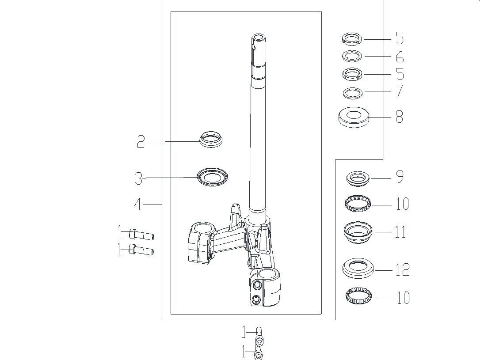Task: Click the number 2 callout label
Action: pyautogui.click(x=141, y=142)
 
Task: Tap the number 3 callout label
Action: pyautogui.click(x=139, y=178)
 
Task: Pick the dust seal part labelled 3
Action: pyautogui.click(x=212, y=177)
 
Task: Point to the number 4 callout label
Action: pyautogui.click(x=138, y=205)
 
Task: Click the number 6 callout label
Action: pyautogui.click(x=400, y=57)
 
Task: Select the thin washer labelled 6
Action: pyautogui.click(x=352, y=56)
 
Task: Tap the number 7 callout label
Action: pyautogui.click(x=400, y=91)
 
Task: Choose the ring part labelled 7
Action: pyautogui.click(x=353, y=93)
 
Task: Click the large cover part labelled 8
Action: pyautogui.click(x=354, y=117)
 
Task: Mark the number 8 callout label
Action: pyautogui.click(x=400, y=117)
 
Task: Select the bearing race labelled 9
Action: pyautogui.click(x=358, y=178)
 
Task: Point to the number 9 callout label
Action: pyautogui.click(x=400, y=177)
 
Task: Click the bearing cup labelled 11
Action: pyautogui.click(x=358, y=232)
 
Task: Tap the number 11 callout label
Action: pyautogui.click(x=400, y=231)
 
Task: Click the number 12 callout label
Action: pyautogui.click(x=402, y=270)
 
